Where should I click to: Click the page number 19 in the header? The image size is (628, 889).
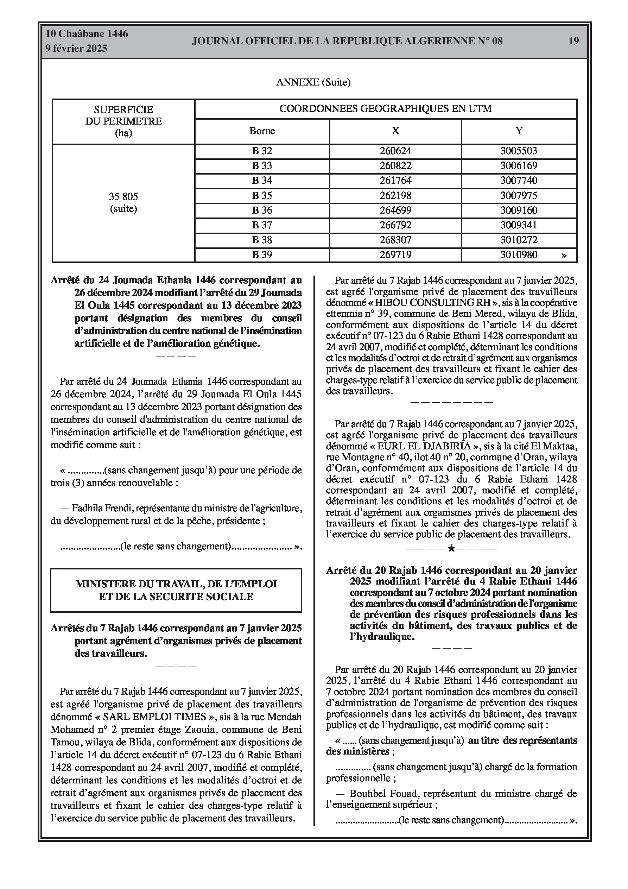pos(573,41)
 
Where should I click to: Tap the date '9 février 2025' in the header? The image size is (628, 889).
pos(76,49)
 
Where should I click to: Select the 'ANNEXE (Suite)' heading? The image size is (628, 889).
pos(313,82)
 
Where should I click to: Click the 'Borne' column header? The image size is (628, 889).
pos(262,131)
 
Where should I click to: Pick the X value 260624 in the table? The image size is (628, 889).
pos(395,151)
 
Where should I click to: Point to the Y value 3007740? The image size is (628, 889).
pos(519,181)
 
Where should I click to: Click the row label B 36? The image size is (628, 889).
pos(262,210)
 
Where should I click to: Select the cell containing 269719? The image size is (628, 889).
pos(395,255)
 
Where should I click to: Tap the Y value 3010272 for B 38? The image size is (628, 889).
pos(519,240)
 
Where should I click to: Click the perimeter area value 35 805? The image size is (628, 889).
pos(123,197)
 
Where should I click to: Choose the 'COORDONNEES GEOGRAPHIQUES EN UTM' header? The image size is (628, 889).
pos(386,109)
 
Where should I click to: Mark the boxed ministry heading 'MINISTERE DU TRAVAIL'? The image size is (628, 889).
pos(176,590)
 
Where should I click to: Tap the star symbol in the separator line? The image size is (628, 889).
pos(451,548)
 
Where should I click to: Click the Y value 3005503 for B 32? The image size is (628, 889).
pos(519,151)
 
